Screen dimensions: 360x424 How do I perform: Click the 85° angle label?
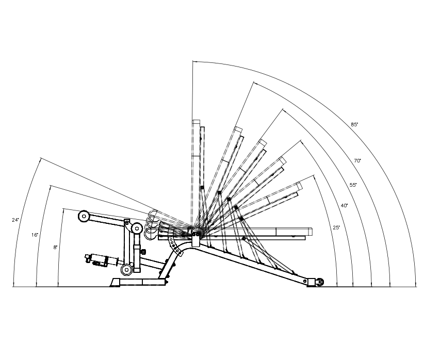coord(354,124)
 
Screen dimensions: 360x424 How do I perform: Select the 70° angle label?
coord(357,161)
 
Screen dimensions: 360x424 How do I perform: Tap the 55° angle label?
coord(353,184)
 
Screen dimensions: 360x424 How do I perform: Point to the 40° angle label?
coord(345,205)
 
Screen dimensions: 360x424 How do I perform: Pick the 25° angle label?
coord(336,227)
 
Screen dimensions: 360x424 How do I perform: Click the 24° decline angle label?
coord(15,220)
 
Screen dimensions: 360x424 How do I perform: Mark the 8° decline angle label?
coord(56,248)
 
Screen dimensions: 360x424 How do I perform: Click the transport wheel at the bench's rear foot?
coord(320,282)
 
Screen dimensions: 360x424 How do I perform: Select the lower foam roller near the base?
coord(126,269)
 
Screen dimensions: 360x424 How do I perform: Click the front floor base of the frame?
coord(139,282)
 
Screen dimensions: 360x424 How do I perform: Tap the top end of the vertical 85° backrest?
coord(196,123)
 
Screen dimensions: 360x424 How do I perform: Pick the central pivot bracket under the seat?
coord(195,237)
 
